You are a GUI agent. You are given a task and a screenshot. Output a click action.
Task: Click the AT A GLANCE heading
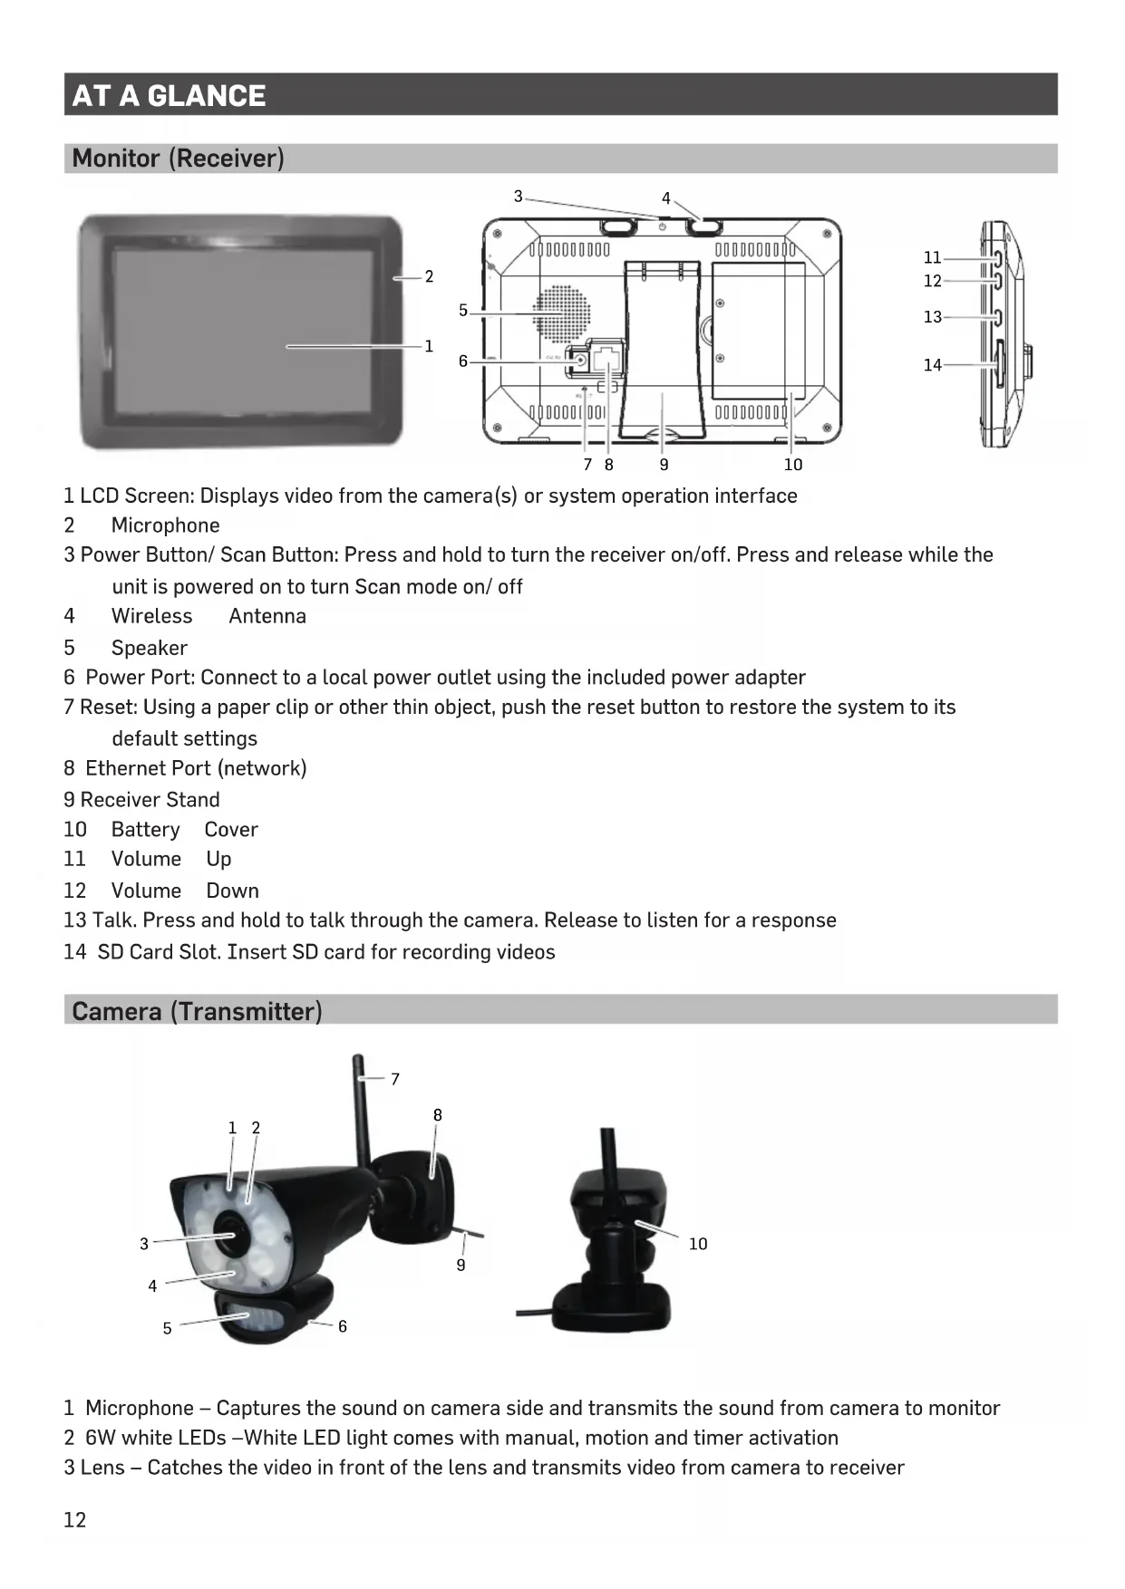point(169,95)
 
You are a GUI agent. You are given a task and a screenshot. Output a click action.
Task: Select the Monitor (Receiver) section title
point(178,159)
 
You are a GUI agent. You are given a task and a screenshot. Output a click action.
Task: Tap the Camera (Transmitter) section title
point(197,1011)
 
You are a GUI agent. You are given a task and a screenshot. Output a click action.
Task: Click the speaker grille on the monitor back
point(561,314)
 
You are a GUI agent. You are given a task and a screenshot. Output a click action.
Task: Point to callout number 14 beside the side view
point(932,365)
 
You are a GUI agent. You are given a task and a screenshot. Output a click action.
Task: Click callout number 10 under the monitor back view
point(793,465)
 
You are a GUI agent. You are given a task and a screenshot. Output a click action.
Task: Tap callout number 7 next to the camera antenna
point(395,1079)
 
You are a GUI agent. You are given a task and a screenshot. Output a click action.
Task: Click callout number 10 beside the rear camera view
point(698,1244)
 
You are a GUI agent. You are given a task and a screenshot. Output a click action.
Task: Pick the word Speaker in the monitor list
point(149,648)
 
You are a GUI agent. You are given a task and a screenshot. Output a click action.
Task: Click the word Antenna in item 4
point(267,616)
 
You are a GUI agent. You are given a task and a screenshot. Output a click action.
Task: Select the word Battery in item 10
point(145,830)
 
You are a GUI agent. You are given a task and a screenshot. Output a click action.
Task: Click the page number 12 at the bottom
point(74,1520)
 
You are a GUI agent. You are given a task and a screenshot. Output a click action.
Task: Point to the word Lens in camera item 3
point(102,1468)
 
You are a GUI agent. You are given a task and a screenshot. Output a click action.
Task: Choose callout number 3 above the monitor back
point(519,196)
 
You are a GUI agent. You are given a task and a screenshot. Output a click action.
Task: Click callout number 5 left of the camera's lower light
point(167,1328)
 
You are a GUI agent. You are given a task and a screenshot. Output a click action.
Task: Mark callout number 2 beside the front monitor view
point(429,276)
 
